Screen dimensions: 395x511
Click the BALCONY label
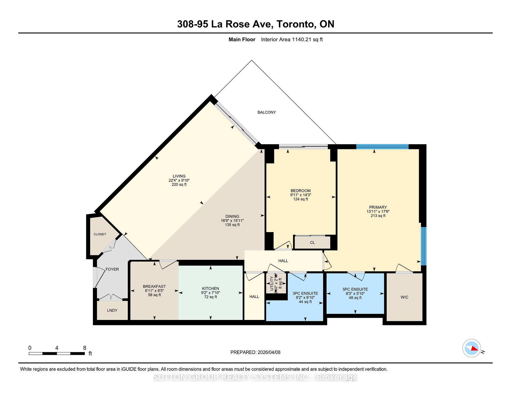266,112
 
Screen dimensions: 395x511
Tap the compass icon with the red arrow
472,348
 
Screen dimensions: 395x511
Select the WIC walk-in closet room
404,297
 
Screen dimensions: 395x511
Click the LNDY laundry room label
112,310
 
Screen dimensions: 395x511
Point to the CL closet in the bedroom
312,242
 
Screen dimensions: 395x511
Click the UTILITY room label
272,284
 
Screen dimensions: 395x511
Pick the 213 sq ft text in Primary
378,216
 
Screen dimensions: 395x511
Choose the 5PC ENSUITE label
355,289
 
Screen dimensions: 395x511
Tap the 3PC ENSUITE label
305,293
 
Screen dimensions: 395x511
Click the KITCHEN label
210,289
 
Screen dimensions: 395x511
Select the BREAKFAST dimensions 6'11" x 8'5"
154,291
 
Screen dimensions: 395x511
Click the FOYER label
112,269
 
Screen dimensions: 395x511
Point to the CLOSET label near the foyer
100,234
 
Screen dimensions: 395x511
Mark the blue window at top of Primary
382,146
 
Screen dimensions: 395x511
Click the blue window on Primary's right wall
423,246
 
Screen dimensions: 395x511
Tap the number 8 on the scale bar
85,348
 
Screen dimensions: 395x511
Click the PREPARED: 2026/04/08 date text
255,352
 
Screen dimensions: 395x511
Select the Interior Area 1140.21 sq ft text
292,40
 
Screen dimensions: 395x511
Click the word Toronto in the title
295,24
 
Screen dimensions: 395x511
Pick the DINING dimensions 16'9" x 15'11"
232,221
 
